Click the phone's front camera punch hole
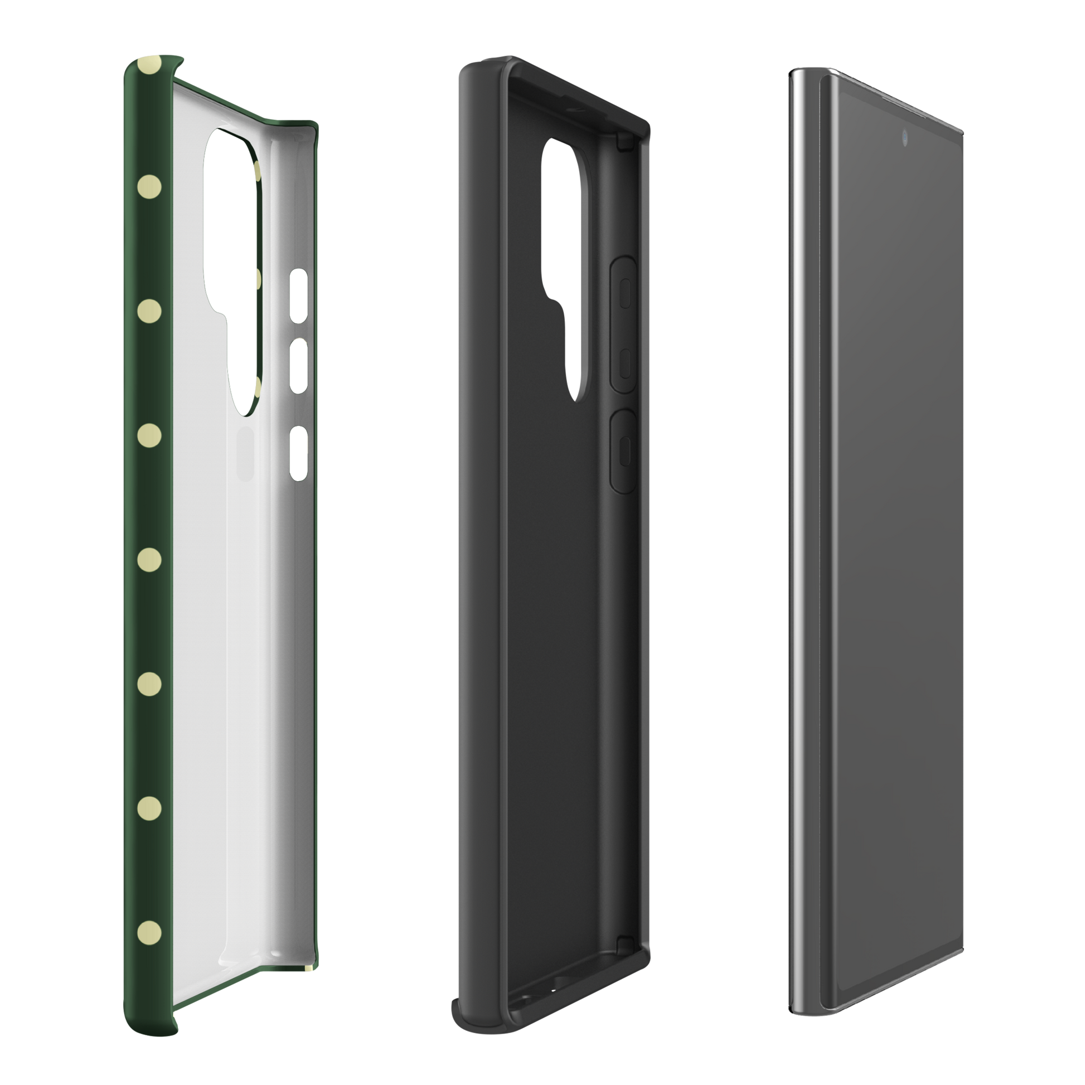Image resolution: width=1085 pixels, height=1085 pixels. point(906,137)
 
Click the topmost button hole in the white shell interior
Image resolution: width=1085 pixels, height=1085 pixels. point(298,296)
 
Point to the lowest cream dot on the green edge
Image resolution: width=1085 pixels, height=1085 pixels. point(149,932)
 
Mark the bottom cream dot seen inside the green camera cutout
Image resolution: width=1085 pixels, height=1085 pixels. point(256,387)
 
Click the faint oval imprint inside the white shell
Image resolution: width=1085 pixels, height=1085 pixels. point(245,453)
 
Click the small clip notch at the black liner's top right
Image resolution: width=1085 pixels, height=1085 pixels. point(622,142)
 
